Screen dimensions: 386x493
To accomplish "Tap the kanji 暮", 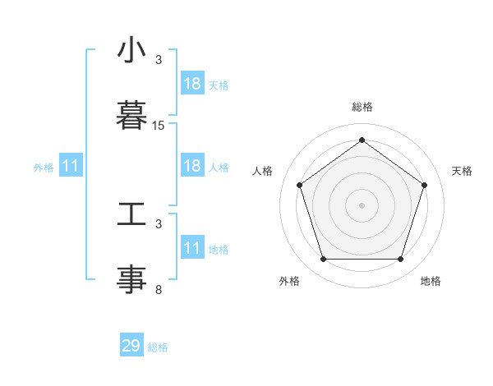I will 131,113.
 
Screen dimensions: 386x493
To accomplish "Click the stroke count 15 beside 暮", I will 159,126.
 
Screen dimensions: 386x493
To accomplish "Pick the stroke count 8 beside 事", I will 159,290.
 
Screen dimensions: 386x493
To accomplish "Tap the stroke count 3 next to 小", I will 159,60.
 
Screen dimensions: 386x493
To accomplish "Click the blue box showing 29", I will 131,346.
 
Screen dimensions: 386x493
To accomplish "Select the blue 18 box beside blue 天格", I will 192,84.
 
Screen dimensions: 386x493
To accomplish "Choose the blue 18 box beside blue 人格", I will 192,166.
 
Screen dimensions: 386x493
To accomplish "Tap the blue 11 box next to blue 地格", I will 192,248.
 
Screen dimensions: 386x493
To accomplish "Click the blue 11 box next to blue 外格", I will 71,166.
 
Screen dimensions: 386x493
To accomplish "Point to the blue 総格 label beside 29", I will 158,347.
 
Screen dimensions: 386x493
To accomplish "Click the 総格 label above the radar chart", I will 362,107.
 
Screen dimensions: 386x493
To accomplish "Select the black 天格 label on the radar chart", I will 462,171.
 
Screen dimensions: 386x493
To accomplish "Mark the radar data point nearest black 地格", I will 400,260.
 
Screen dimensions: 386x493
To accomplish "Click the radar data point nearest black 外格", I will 323,260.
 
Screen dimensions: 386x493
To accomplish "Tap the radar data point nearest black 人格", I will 299,185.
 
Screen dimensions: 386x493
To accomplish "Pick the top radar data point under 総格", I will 362,140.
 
